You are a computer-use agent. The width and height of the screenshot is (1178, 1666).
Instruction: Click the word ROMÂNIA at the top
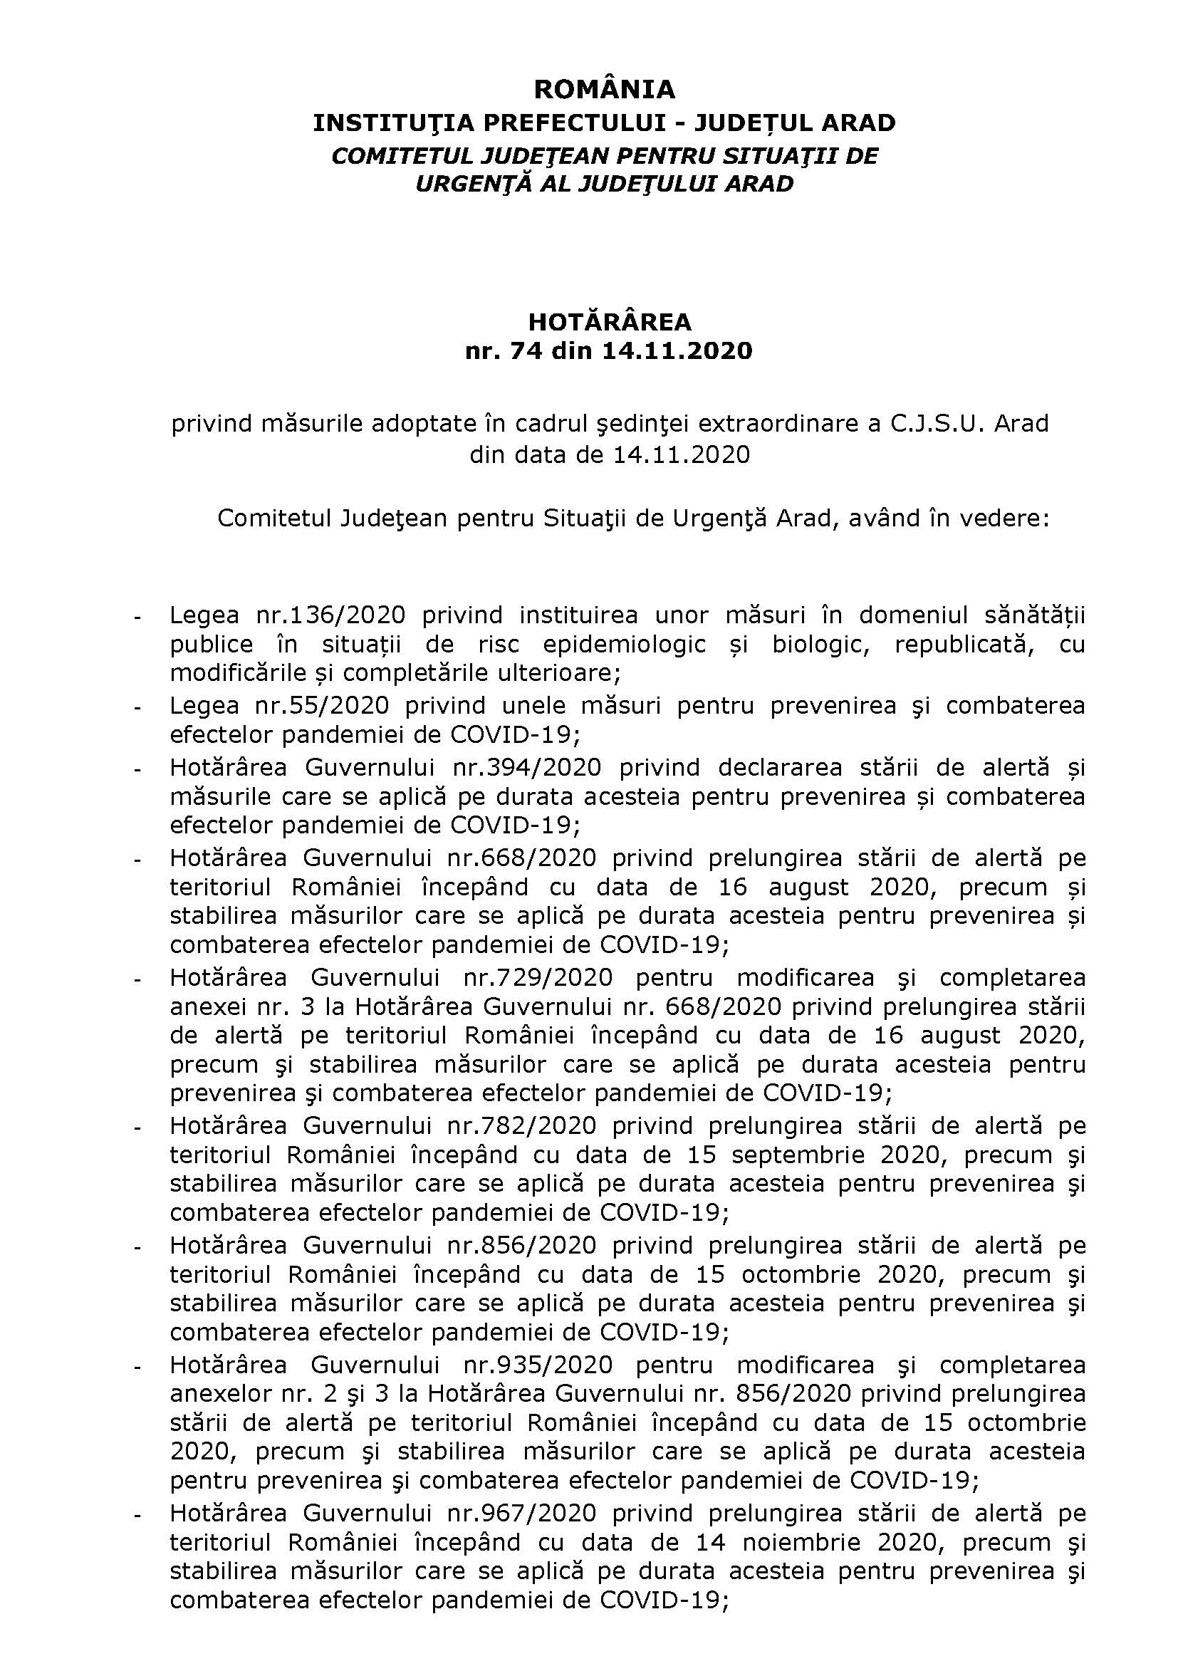[x=604, y=89]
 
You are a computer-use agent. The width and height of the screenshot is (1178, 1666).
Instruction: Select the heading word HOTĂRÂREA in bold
[x=610, y=321]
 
